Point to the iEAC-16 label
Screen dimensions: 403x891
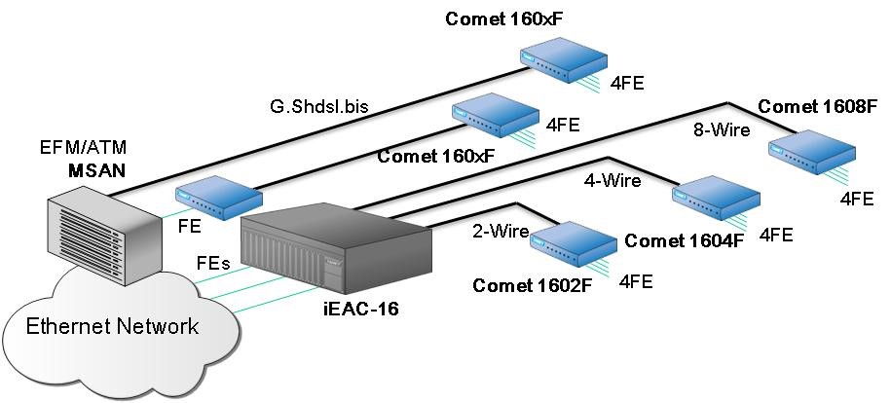360,309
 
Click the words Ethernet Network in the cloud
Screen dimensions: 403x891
112,325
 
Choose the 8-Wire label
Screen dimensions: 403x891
721,128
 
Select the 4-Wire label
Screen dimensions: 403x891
612,180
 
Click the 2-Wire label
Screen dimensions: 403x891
500,232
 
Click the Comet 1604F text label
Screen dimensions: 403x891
684,239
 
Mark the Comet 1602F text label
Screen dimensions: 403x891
532,285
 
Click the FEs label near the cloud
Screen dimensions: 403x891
213,263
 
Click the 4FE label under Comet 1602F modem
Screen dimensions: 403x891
635,281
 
